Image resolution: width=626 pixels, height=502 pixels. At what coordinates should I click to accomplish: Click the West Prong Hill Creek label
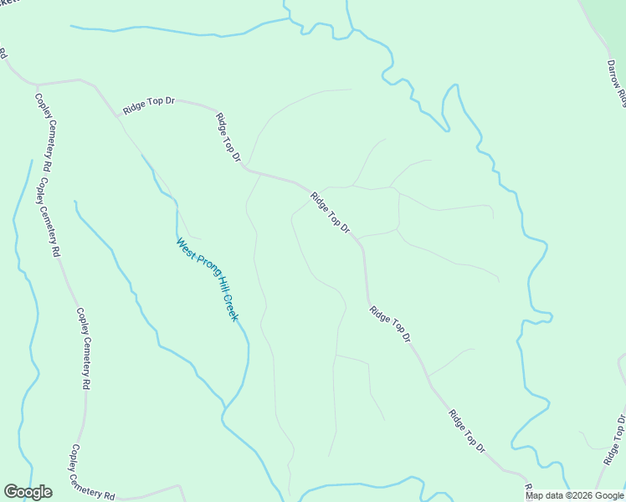coord(208,279)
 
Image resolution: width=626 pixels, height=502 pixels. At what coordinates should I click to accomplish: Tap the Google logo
coord(28,492)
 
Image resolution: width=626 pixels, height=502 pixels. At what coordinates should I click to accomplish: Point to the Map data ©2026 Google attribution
coord(574,495)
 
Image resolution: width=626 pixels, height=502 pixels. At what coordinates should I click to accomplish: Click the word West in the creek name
coord(184,248)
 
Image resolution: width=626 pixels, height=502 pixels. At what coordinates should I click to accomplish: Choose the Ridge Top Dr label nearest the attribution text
coord(467,431)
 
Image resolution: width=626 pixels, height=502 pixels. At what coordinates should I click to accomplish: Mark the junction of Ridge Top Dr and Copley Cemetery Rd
coord(37,85)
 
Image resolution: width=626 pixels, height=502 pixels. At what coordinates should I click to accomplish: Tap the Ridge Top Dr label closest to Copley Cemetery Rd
coord(148,105)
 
